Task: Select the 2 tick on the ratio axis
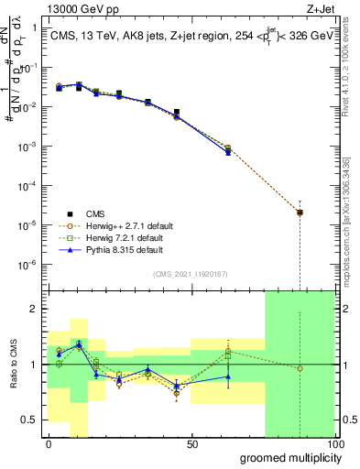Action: pyautogui.click(x=34, y=309)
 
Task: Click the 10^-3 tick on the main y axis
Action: pyautogui.click(x=29, y=147)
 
